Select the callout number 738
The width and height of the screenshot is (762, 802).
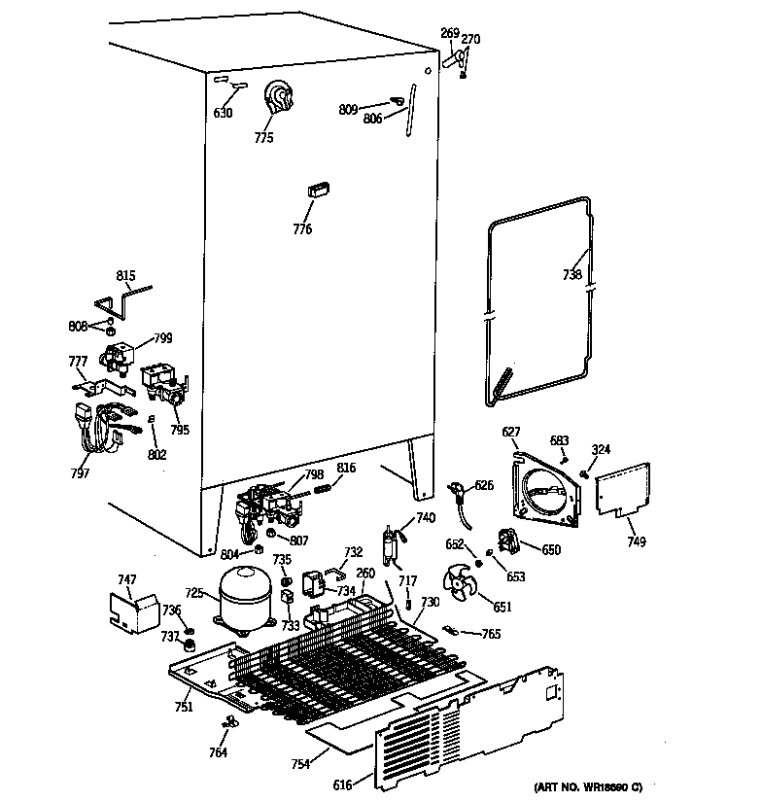click(x=572, y=275)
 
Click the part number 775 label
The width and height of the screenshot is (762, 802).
click(x=263, y=138)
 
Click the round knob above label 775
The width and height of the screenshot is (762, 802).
click(x=279, y=97)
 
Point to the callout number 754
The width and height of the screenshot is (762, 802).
click(x=300, y=764)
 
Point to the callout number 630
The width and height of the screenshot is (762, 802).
click(x=223, y=113)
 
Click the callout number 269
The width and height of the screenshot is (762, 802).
click(x=449, y=33)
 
